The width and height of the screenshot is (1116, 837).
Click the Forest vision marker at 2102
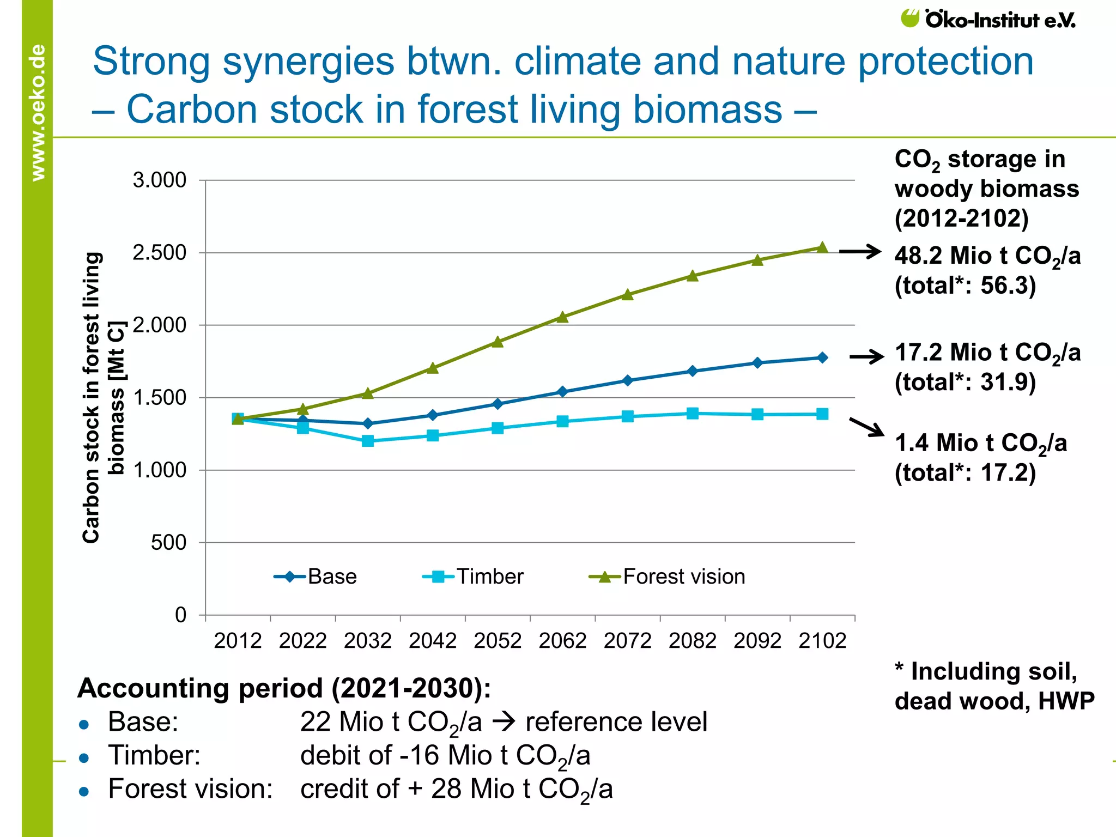point(822,248)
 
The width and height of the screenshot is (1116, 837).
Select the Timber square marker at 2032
point(368,441)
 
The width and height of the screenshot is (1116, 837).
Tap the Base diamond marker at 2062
point(563,392)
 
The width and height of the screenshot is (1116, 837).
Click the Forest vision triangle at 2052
point(498,342)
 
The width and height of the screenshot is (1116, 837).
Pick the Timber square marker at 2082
point(693,413)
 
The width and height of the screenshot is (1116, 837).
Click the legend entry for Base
point(316,577)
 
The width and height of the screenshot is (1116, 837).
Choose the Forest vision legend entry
point(667,577)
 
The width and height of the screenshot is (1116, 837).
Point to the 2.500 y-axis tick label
point(159,253)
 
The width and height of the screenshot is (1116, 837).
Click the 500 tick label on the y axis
point(168,543)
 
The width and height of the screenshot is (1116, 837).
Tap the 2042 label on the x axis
point(433,641)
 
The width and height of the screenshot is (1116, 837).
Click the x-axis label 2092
point(757,641)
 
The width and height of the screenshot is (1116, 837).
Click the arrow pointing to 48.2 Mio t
point(860,251)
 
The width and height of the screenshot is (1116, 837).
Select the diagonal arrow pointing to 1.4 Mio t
point(866,427)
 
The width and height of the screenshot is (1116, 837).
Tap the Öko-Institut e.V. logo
point(988,20)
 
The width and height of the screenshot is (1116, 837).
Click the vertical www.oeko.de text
point(38,112)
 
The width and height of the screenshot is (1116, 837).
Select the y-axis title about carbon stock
point(104,398)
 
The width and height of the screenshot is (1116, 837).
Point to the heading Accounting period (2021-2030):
point(284,688)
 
